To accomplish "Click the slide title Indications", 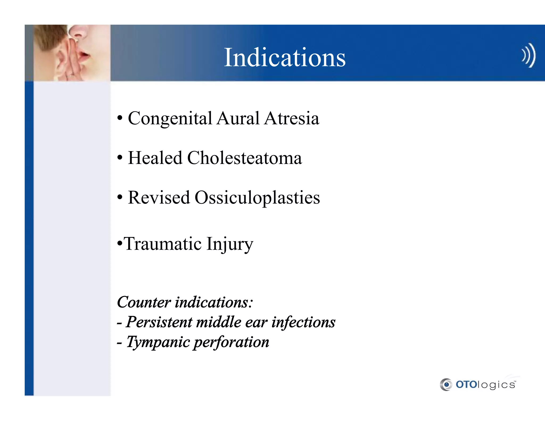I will point(284,57).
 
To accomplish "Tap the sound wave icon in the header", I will point(528,55).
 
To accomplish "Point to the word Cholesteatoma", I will point(244,158).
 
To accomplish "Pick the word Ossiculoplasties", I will point(257,198).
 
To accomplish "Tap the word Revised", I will point(159,198).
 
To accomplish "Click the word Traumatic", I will point(163,244).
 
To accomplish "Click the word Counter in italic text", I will point(144,302).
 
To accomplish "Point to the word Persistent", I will point(159,322).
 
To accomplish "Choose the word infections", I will point(303,322).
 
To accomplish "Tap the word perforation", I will point(231,342).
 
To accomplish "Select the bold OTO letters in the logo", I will point(466,385).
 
